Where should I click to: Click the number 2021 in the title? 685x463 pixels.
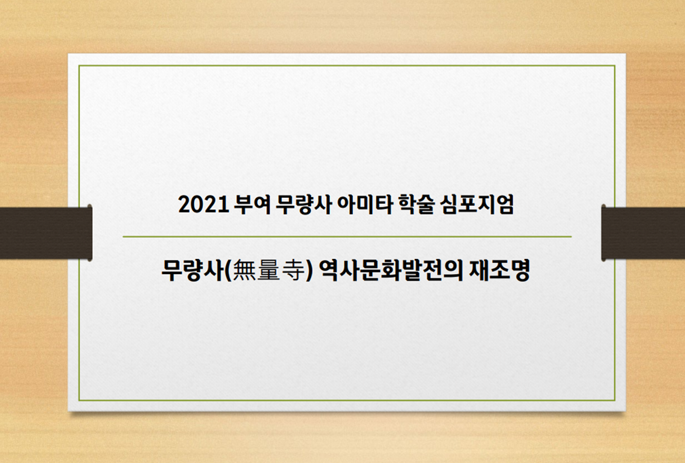pos(203,205)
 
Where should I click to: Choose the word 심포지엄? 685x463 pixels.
pos(477,205)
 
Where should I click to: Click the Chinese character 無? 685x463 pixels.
pos(244,271)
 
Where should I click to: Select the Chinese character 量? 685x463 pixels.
pos(268,271)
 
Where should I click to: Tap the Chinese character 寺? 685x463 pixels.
pos(293,271)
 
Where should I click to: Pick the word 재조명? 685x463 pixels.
pos(500,271)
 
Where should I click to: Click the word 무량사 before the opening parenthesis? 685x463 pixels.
pos(192,271)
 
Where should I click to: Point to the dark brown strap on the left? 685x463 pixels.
pos(46,233)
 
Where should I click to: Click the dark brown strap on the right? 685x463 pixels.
pos(643,233)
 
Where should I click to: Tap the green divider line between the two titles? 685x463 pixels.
pos(347,237)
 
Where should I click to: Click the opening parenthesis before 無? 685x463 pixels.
pos(228,271)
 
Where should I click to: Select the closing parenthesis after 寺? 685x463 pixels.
pos(309,271)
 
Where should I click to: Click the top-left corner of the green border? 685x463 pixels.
pos(79,66)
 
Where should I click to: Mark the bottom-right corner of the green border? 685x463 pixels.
pos(614,400)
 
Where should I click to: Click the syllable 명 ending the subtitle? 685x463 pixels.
pos(520,271)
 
